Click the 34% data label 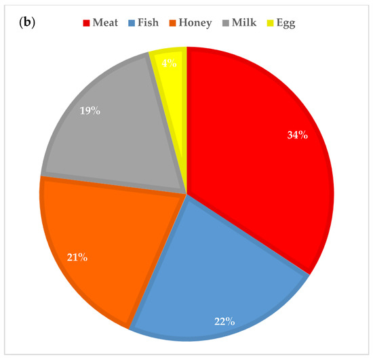pyautogui.click(x=297, y=135)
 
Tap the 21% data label pyautogui.click(x=77, y=258)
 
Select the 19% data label pyautogui.click(x=90, y=110)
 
